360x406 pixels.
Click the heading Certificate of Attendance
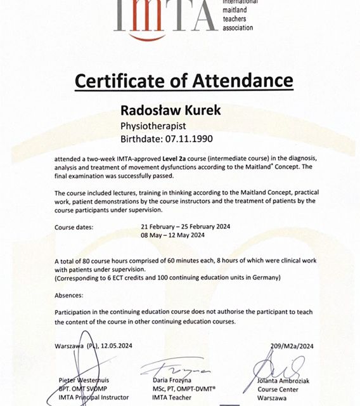point(183,81)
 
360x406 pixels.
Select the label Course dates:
point(74,226)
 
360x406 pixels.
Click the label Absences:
point(69,295)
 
